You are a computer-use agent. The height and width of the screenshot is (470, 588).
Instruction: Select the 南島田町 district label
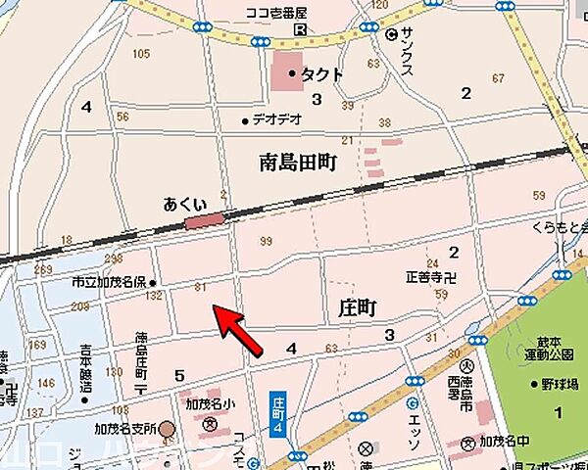coord(298,163)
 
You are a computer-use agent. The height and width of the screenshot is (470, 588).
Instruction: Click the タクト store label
coord(320,73)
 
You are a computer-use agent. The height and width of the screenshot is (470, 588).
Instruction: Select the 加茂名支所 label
coord(125,429)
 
